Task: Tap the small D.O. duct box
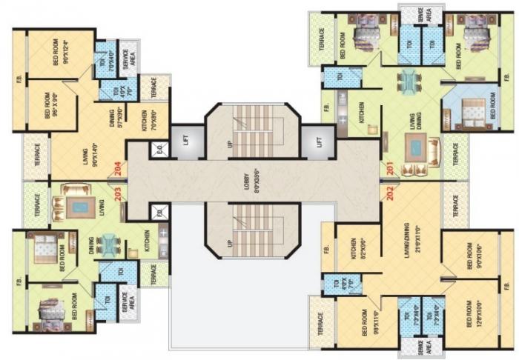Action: tap(159, 148)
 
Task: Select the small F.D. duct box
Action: tap(159, 213)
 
